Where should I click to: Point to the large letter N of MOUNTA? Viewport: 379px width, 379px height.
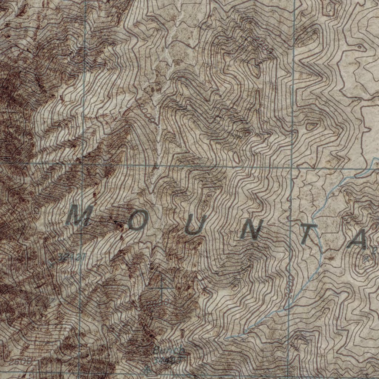tap(252, 231)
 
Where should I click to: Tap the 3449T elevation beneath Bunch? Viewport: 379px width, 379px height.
tap(168, 358)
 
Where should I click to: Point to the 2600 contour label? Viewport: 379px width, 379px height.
tap(21, 361)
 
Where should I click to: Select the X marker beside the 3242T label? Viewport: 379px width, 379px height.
tap(51, 263)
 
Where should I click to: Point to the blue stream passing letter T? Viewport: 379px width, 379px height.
tap(318, 237)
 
